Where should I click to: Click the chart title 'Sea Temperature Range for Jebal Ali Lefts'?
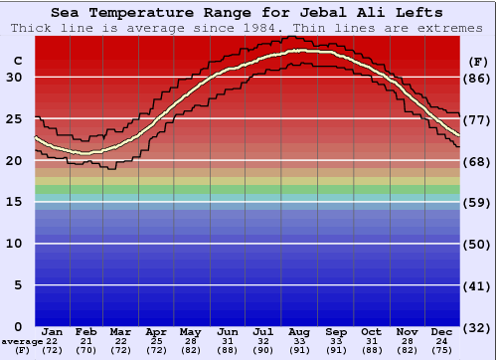[x=248, y=13]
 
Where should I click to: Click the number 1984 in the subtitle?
[x=261, y=28]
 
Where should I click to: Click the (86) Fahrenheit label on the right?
[x=477, y=78]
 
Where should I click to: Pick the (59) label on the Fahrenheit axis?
[x=477, y=202]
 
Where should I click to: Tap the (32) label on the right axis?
[x=477, y=327]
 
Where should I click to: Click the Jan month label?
[x=53, y=331]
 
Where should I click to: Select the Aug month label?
[x=301, y=331]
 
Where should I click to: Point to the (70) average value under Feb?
[x=87, y=352]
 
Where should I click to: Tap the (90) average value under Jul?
[x=265, y=352]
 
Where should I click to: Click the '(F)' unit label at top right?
[x=477, y=62]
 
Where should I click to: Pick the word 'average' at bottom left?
[x=23, y=341]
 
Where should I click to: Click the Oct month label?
[x=372, y=331]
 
